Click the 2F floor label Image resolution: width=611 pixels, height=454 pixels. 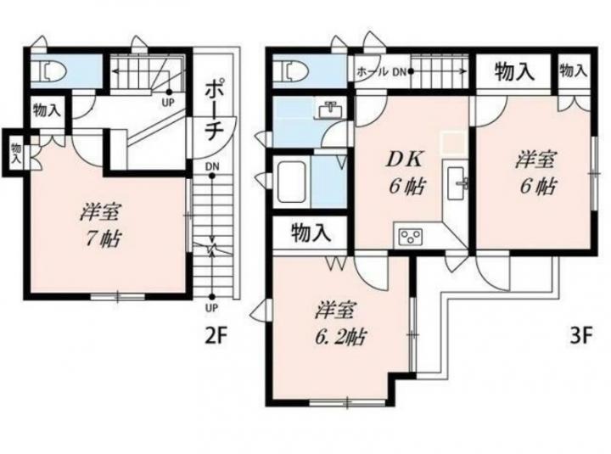[x=216, y=335]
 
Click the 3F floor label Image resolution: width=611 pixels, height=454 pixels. [x=581, y=335]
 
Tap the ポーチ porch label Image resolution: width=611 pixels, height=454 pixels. [x=214, y=110]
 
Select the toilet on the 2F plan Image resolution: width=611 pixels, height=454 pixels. [x=49, y=71]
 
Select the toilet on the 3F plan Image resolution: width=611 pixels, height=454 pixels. [x=291, y=70]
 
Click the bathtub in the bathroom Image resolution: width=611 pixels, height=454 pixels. [x=291, y=182]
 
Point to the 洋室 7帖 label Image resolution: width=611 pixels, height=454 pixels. [x=102, y=225]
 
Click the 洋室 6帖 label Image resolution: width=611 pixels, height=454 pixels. [x=536, y=172]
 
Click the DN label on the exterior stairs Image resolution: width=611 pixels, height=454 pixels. [x=212, y=167]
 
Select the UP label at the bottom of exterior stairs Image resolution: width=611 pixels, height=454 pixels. [x=211, y=309]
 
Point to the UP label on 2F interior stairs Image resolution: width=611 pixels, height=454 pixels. [x=168, y=103]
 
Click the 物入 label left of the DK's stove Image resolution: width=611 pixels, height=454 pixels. [x=311, y=233]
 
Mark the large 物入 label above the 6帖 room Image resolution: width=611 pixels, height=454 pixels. [x=514, y=72]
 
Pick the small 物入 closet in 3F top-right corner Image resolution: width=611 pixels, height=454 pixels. [x=574, y=71]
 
